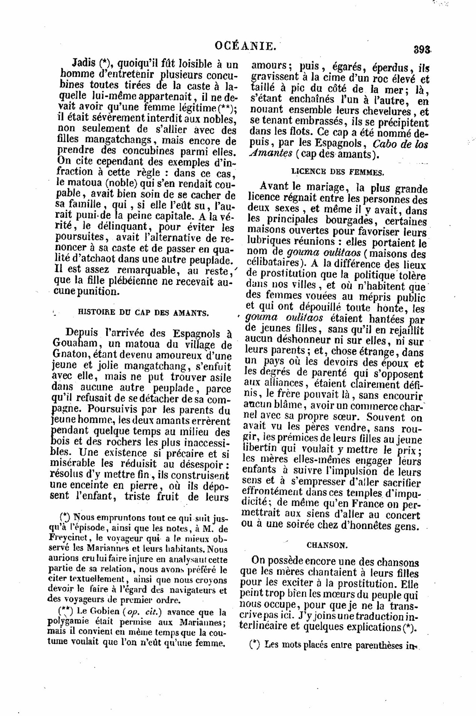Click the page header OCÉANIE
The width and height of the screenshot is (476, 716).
(246, 46)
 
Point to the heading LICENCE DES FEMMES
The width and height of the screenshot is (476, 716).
(337, 171)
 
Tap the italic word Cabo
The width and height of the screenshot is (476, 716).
(387, 144)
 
